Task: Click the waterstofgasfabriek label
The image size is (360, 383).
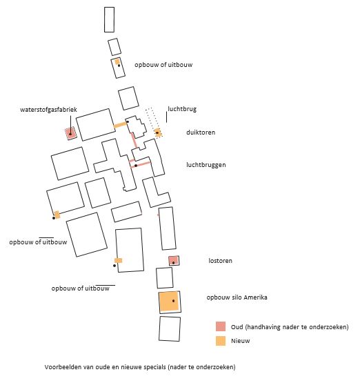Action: pos(48,110)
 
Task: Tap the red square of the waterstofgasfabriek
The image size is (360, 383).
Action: pos(71,133)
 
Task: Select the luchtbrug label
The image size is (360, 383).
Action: pos(182,109)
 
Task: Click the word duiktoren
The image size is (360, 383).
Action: pos(201,132)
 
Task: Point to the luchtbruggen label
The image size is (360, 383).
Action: pos(206,165)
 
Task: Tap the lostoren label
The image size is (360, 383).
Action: pos(220,261)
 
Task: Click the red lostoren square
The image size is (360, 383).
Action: pos(174,261)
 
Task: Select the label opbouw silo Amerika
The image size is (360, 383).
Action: pos(237,297)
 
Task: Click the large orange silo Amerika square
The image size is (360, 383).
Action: pos(169,302)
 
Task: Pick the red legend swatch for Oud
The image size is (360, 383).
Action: pos(221,326)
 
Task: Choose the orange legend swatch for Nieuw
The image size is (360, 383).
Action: pos(221,341)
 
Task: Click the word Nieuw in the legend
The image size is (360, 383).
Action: pos(241,341)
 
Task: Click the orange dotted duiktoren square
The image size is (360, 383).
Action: pos(158,132)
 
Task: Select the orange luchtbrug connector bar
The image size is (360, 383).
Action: pos(120,125)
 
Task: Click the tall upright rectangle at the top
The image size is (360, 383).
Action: pos(110,19)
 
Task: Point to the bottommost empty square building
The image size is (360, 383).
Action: pos(170,328)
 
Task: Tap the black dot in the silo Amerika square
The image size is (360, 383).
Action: pos(174,301)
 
